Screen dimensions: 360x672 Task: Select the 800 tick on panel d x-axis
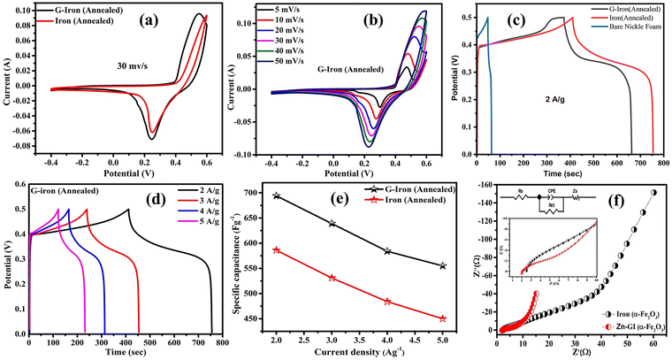[x=220, y=340]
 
